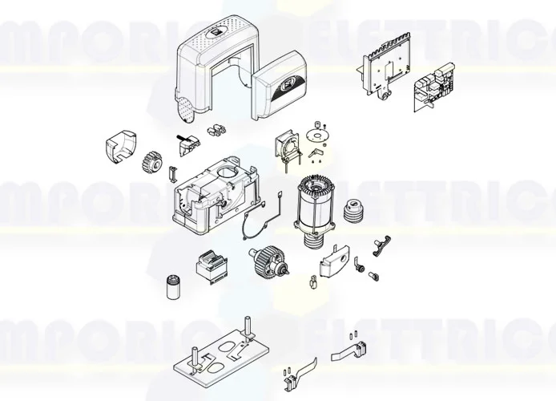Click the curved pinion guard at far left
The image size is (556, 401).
point(119,148)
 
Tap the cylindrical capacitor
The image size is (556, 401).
point(171,285)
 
